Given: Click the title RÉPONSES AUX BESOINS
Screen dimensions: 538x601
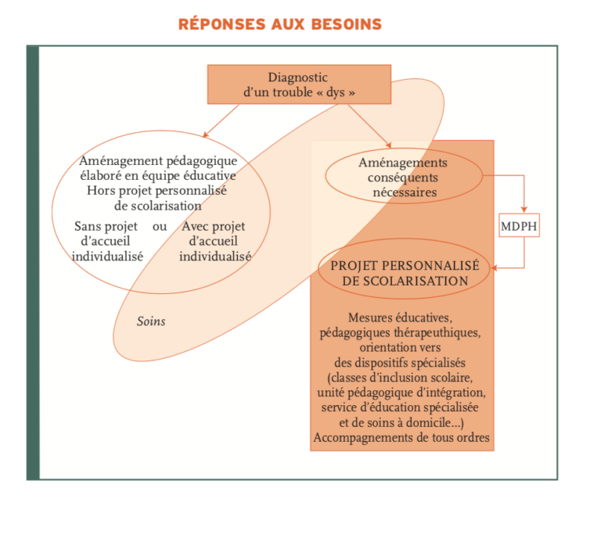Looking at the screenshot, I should click(280, 23).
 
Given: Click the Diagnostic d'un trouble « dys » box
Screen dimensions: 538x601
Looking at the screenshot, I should click(300, 84).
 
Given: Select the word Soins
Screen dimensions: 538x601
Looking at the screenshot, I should click(151, 321).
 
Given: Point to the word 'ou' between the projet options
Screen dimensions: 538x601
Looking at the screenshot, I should click(160, 227).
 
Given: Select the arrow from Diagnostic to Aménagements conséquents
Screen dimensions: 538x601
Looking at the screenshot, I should click(368, 125).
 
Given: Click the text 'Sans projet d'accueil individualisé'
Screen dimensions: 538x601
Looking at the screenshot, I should click(107, 241).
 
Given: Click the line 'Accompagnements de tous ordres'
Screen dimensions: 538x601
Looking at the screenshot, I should click(401, 437).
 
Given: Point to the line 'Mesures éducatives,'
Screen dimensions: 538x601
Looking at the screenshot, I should click(401, 317).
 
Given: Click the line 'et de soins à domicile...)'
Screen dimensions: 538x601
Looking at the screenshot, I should click(401, 422).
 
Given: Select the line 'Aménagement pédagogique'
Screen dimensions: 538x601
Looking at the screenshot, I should click(159, 161).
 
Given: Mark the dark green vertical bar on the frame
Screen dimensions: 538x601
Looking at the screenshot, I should click(33, 263).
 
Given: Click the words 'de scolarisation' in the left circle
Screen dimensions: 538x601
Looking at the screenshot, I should click(159, 206).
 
